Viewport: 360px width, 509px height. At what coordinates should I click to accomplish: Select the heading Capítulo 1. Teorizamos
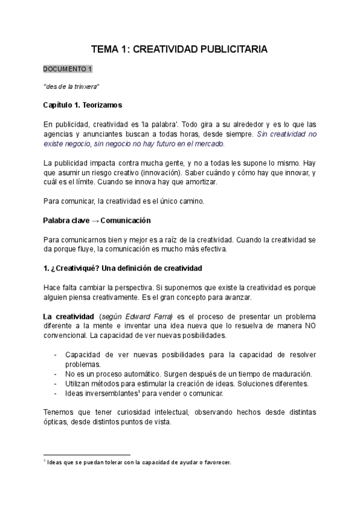83,105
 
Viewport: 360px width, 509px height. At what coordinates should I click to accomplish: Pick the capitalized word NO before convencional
310,326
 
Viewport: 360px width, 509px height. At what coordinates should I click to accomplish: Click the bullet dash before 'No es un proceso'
56,374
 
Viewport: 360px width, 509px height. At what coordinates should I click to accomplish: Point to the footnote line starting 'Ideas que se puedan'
138,462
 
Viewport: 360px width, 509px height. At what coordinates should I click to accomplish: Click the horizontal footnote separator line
87,454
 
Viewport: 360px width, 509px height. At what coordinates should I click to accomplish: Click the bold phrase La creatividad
66,316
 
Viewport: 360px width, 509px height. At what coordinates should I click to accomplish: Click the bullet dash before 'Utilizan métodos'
56,384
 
